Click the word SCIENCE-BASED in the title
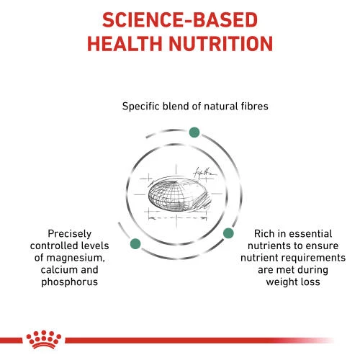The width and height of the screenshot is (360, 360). coord(180,18)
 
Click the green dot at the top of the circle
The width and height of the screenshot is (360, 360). coord(194,132)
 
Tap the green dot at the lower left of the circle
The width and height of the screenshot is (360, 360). coord(133,245)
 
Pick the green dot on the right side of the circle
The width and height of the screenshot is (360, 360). coord(228,233)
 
